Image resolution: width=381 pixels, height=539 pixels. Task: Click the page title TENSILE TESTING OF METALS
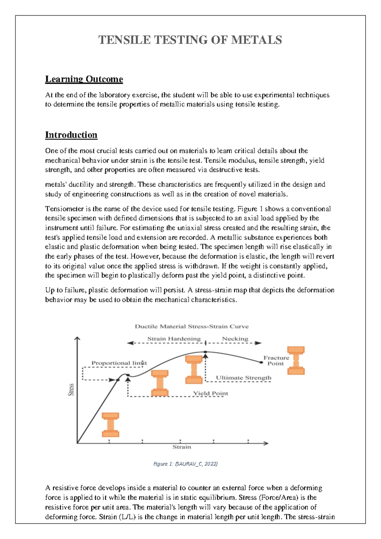point(190,40)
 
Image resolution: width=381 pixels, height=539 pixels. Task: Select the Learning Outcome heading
point(84,79)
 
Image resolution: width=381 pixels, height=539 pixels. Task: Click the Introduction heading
point(71,135)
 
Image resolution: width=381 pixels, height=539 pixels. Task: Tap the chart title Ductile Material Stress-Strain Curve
point(192,326)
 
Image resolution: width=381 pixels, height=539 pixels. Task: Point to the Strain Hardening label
point(174,339)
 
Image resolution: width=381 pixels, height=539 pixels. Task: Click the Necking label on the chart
point(235,339)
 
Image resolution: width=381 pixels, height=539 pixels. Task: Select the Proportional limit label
point(119,363)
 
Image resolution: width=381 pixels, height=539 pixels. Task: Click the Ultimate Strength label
point(244,378)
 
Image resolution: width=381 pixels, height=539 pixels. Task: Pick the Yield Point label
point(211,393)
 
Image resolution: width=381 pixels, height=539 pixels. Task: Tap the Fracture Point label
point(276,360)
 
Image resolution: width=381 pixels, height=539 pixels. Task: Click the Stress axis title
point(71,389)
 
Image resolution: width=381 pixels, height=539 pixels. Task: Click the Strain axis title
point(182,447)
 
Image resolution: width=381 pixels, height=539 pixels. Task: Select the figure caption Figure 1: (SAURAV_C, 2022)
point(185,464)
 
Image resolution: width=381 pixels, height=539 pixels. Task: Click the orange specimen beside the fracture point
point(296,360)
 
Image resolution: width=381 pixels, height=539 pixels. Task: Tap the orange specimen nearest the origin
point(110,425)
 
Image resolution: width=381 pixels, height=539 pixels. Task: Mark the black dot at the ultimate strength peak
point(205,352)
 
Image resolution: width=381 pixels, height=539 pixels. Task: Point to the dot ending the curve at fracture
point(261,362)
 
